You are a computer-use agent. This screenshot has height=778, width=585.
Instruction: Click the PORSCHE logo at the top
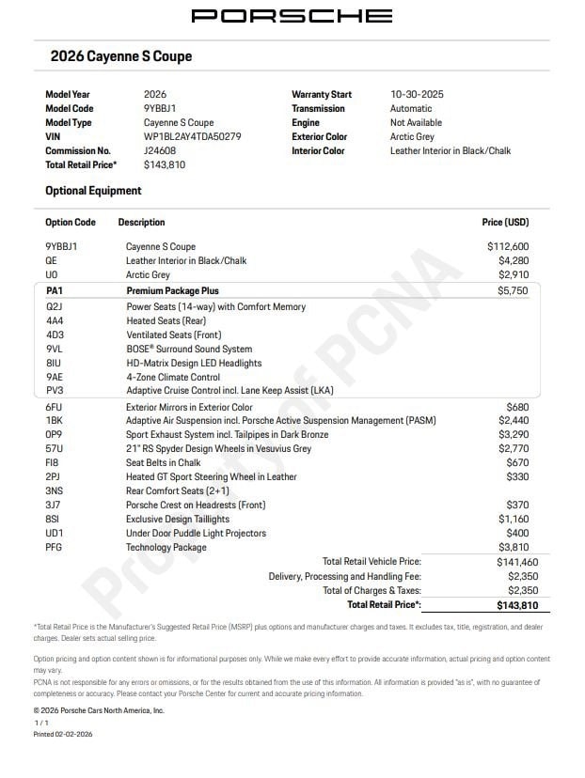pyautogui.click(x=292, y=16)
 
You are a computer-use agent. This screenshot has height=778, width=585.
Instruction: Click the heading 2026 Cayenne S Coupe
pyautogui.click(x=120, y=56)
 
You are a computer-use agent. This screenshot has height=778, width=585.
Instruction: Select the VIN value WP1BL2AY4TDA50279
pyautogui.click(x=192, y=136)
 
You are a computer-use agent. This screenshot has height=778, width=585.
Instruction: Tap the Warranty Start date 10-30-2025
pyautogui.click(x=417, y=94)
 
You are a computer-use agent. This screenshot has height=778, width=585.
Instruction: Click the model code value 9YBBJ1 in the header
pyautogui.click(x=160, y=108)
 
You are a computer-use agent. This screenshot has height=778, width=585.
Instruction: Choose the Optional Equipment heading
pyautogui.click(x=93, y=191)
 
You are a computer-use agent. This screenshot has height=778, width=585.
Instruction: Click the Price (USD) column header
pyautogui.click(x=505, y=223)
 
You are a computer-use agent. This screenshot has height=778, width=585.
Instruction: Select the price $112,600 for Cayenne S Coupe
pyautogui.click(x=508, y=246)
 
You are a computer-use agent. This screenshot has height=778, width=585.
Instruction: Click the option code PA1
pyautogui.click(x=54, y=291)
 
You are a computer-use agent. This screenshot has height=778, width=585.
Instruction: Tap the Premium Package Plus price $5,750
pyautogui.click(x=513, y=291)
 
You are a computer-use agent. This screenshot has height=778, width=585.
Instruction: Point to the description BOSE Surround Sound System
pyautogui.click(x=189, y=350)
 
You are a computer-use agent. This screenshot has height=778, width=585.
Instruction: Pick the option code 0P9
pyautogui.click(x=54, y=435)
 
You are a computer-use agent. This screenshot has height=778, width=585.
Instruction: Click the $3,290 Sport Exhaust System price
pyautogui.click(x=514, y=435)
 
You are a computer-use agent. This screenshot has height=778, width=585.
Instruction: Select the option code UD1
pyautogui.click(x=55, y=534)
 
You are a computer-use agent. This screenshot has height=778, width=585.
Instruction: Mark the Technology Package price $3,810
pyautogui.click(x=514, y=548)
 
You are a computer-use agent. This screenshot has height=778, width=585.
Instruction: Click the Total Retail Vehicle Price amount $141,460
pyautogui.click(x=510, y=562)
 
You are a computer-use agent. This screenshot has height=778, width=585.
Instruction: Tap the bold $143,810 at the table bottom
pyautogui.click(x=510, y=605)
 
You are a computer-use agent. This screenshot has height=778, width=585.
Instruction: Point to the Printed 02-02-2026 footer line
pyautogui.click(x=63, y=734)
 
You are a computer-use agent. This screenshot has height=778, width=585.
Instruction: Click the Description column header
pyautogui.click(x=141, y=223)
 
